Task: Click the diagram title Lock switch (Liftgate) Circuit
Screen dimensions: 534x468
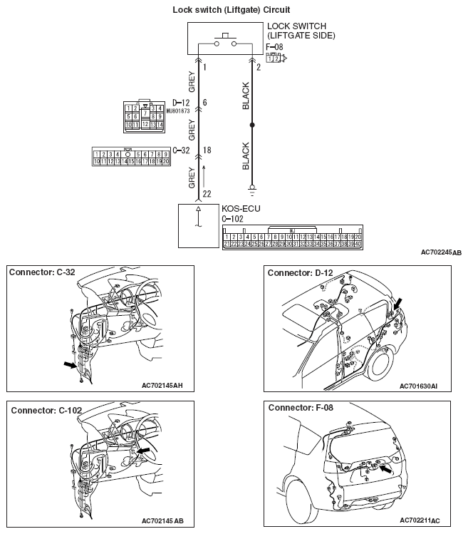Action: (x=232, y=10)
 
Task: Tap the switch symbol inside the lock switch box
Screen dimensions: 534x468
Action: (x=224, y=38)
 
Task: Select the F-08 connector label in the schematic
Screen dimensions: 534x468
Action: (x=274, y=48)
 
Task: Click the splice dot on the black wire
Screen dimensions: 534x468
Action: (x=251, y=125)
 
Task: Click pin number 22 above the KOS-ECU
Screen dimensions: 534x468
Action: (x=207, y=193)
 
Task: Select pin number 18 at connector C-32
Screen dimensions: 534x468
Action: (x=207, y=150)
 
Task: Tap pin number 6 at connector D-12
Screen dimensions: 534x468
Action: (x=205, y=103)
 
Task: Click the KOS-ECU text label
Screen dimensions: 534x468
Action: (x=241, y=210)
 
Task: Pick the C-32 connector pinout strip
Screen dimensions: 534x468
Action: (x=131, y=157)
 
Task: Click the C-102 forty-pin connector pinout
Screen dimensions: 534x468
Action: (x=293, y=239)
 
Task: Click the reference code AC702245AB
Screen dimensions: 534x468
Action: (x=441, y=253)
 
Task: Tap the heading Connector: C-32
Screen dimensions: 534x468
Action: (x=43, y=273)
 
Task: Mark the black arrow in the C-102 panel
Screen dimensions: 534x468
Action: (x=145, y=451)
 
